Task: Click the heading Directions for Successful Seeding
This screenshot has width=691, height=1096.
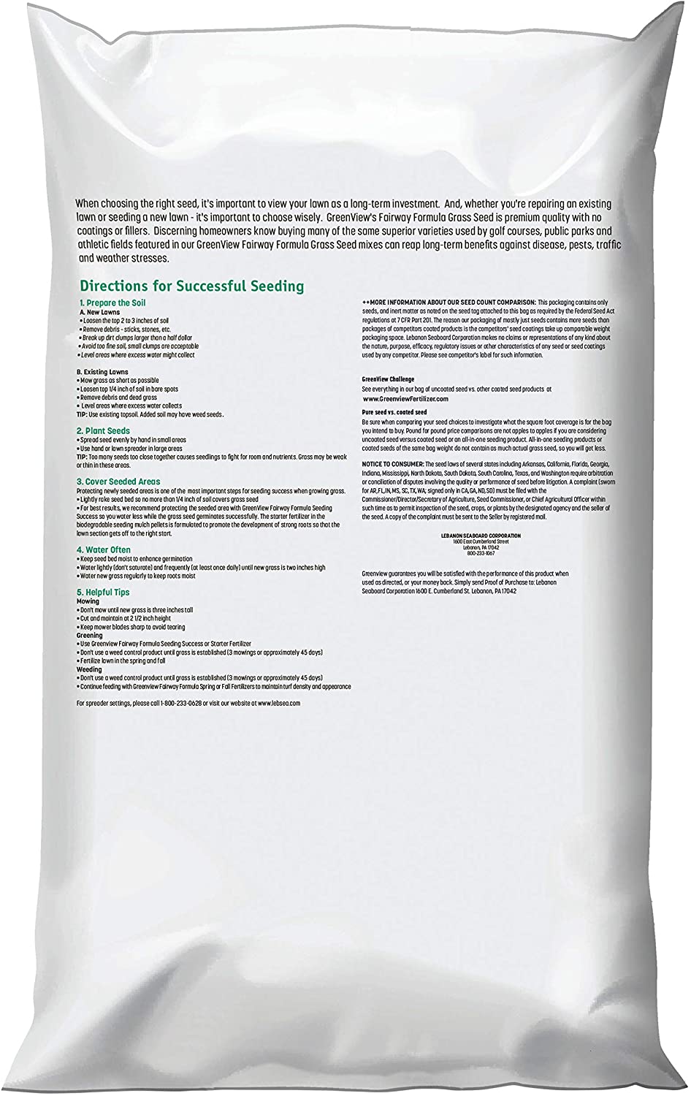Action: tap(191, 286)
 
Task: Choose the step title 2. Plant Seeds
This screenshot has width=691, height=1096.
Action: tap(104, 431)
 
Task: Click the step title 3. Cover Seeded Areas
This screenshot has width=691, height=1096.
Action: tap(118, 482)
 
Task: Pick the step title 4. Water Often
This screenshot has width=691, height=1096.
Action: tap(104, 549)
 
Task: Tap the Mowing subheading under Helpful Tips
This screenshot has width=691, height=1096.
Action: tap(88, 601)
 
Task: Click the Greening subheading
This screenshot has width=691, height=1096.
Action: tap(90, 635)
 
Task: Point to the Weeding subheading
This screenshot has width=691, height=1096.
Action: tap(89, 669)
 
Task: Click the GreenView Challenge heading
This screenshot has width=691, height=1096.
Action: tap(388, 380)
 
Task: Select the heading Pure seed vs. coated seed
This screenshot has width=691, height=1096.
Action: tap(394, 413)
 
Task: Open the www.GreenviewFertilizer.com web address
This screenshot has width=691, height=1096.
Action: tap(405, 399)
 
